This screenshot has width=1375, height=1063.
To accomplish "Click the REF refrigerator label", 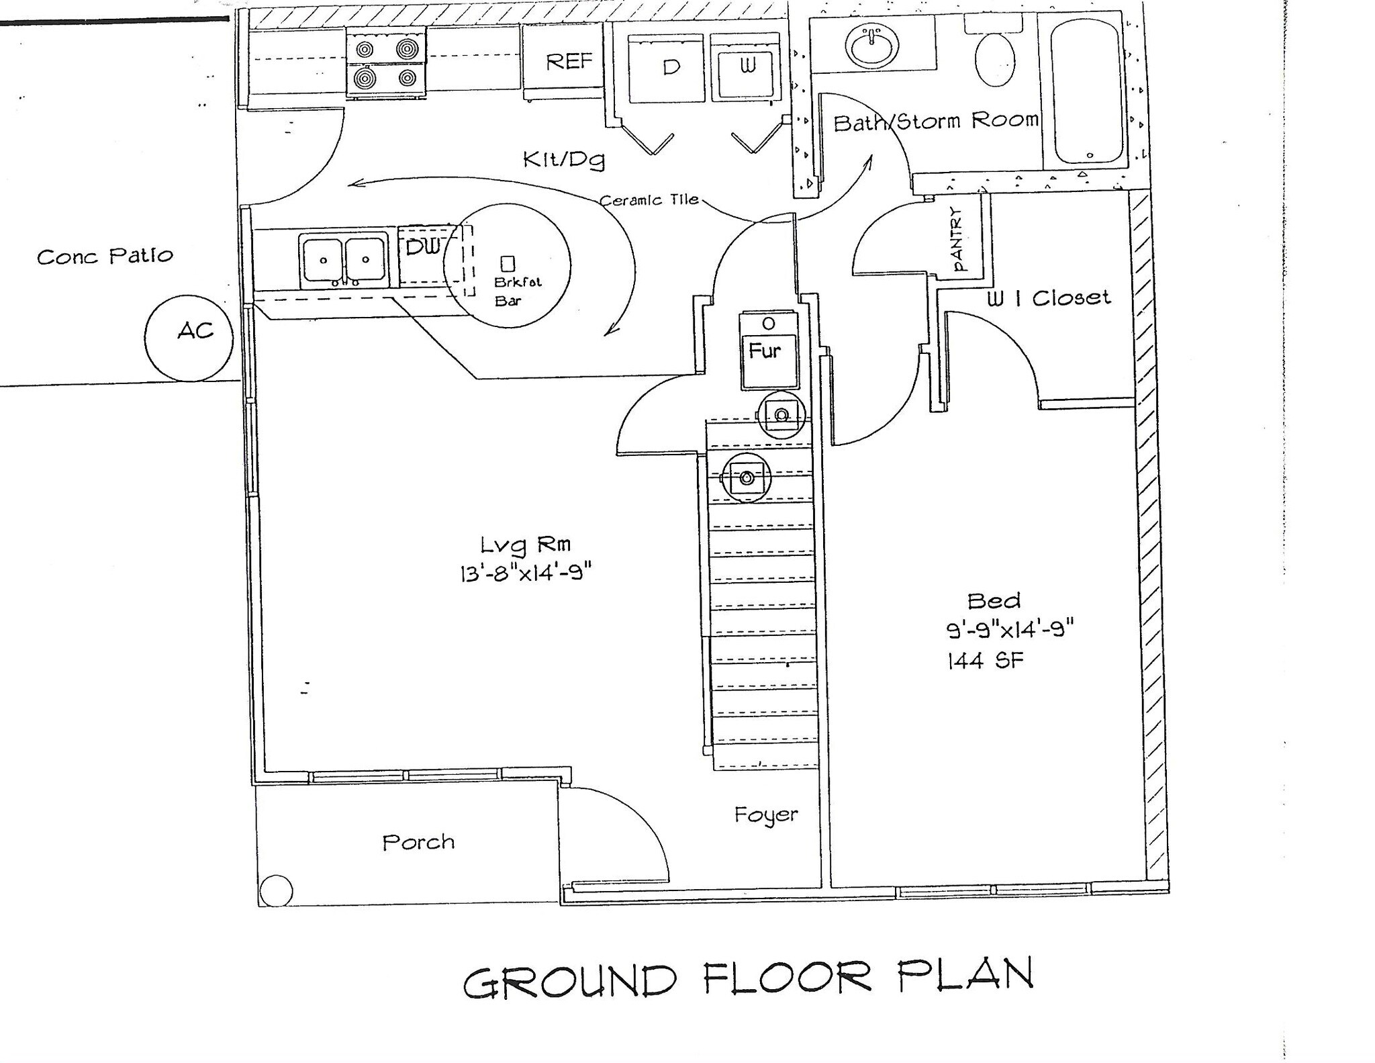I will pyautogui.click(x=569, y=62).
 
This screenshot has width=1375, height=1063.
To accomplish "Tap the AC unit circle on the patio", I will pyautogui.click(x=189, y=338).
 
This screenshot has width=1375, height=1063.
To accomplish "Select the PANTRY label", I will pyautogui.click(x=957, y=240).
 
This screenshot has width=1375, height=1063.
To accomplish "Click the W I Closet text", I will pyautogui.click(x=1048, y=298).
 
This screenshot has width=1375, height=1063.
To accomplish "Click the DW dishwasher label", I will pyautogui.click(x=422, y=247).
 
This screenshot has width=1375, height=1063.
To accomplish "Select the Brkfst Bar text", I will pyautogui.click(x=517, y=291).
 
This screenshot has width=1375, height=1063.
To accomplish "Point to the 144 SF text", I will pyautogui.click(x=985, y=661).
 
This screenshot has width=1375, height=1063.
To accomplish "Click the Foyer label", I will pyautogui.click(x=766, y=815).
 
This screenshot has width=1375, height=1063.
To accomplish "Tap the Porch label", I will pyautogui.click(x=418, y=842).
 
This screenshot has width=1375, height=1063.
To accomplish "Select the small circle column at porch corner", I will pyautogui.click(x=276, y=892).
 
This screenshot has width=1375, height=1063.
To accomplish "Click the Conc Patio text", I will pyautogui.click(x=105, y=257).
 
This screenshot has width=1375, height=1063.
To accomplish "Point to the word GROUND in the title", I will pyautogui.click(x=569, y=981).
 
